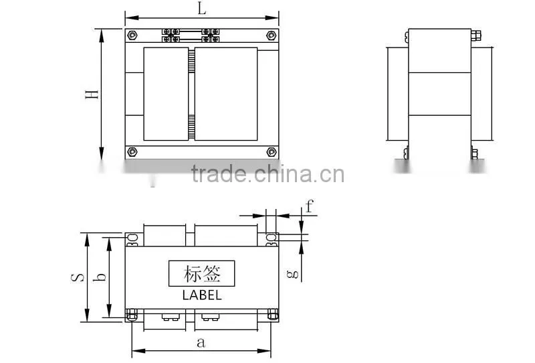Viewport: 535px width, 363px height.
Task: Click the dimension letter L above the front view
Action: pos(202,8)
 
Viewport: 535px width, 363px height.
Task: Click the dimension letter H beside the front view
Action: pos(92,94)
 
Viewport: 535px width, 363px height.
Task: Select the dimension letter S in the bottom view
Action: pos(78,277)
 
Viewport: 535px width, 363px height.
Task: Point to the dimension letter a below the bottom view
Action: pos(201,342)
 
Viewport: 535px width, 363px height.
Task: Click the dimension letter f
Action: pos(309,206)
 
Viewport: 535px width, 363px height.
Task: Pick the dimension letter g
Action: pos(293,273)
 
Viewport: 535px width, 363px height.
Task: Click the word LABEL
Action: pos(202,295)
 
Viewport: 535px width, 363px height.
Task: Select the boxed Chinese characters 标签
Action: pos(202,273)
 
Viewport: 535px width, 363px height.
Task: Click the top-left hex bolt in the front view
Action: pos(132,35)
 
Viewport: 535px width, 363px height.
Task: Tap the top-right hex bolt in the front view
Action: pos(272,35)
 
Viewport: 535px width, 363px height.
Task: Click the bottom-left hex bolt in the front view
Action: pos(132,152)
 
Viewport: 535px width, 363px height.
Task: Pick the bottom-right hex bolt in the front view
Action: pos(272,152)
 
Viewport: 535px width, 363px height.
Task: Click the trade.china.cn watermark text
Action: pos(268,174)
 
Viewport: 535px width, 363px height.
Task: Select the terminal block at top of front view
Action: pos(191,35)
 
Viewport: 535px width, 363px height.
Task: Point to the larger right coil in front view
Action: pos(226,94)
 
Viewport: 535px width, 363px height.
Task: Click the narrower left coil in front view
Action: pos(166,94)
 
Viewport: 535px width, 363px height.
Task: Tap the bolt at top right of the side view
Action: pos(476,35)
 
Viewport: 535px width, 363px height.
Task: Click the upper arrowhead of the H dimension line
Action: pos(102,35)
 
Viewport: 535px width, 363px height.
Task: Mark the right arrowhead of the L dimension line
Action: pos(272,18)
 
